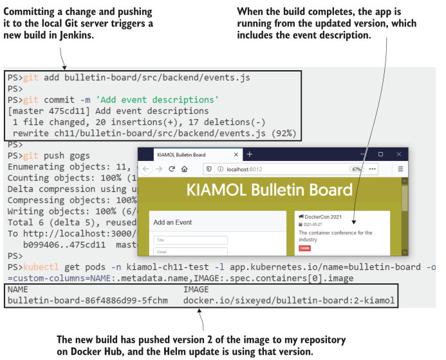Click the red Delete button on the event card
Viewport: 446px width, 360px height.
[x=304, y=247]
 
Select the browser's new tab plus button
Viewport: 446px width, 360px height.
[x=249, y=155]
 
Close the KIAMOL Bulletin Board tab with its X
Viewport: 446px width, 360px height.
[x=236, y=155]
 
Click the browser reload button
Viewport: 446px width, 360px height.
[x=172, y=169]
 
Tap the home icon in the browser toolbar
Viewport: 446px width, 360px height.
[x=185, y=169]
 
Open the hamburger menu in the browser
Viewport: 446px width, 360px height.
[x=400, y=169]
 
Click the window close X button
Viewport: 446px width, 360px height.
[x=399, y=155]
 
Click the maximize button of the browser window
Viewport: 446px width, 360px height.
[x=380, y=155]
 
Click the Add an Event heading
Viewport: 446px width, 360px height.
[x=172, y=222]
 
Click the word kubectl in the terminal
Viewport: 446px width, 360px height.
[x=41, y=267]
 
